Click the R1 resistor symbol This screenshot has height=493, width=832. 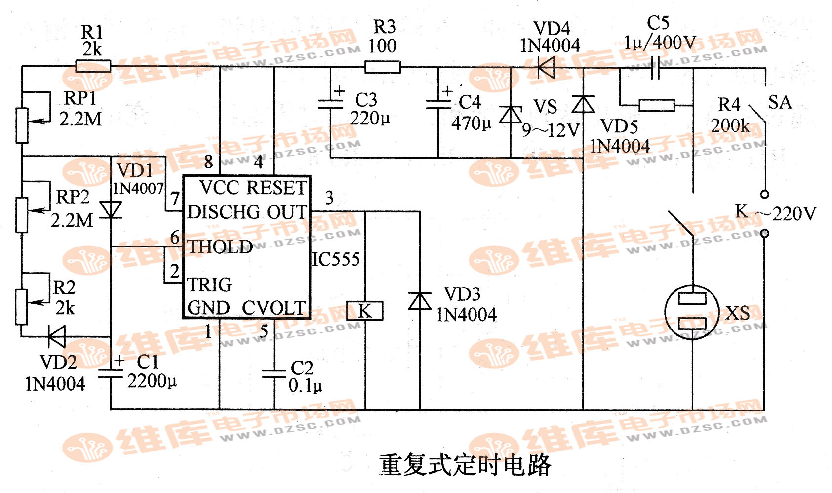[x=93, y=66]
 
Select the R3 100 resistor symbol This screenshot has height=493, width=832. [x=382, y=67]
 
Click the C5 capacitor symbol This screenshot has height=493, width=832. [x=656, y=68]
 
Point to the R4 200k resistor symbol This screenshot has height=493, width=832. [x=656, y=105]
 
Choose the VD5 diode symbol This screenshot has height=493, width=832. [x=583, y=105]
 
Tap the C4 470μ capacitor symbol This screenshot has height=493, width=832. [x=438, y=104]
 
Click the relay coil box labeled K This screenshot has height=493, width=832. [x=365, y=311]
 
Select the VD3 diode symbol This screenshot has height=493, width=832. [x=420, y=300]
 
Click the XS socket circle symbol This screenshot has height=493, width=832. [x=692, y=312]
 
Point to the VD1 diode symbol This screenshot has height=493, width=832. [x=111, y=209]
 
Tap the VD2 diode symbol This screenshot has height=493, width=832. [x=57, y=337]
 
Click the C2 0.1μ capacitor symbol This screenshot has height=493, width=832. [x=274, y=374]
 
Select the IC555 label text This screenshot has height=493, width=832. [x=336, y=259]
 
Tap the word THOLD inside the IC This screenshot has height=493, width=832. [x=220, y=247]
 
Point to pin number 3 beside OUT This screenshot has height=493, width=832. [x=329, y=198]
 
